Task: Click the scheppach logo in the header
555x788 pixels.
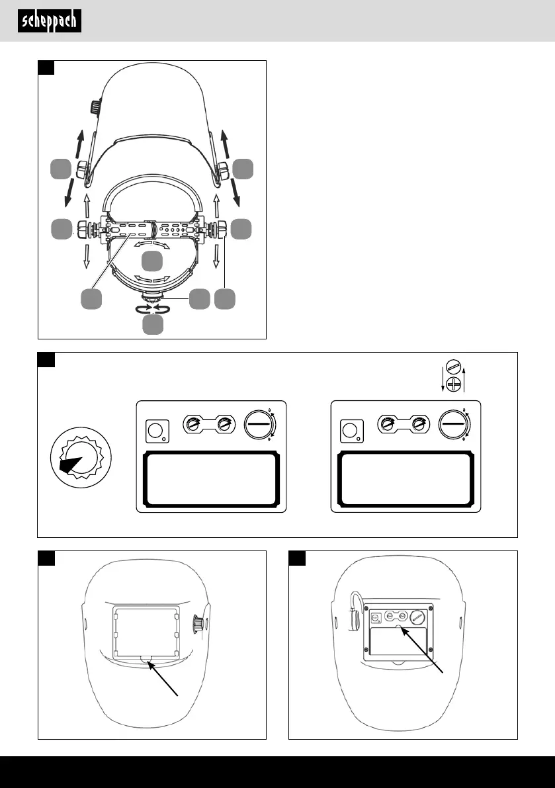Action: pyautogui.click(x=50, y=21)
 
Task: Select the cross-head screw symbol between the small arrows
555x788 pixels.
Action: pyautogui.click(x=453, y=384)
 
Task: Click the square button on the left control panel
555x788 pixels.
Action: pyautogui.click(x=156, y=432)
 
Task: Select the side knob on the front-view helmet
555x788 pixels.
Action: pyautogui.click(x=196, y=625)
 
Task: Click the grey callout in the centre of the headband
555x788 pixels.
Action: pyautogui.click(x=153, y=260)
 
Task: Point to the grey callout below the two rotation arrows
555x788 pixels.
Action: pyautogui.click(x=153, y=324)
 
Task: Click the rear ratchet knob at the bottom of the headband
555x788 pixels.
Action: pyautogui.click(x=153, y=298)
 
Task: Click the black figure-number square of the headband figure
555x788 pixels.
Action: pyautogui.click(x=46, y=68)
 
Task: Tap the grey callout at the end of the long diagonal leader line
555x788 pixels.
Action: pyautogui.click(x=91, y=299)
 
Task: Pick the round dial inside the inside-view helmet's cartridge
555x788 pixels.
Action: pyautogui.click(x=416, y=617)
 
